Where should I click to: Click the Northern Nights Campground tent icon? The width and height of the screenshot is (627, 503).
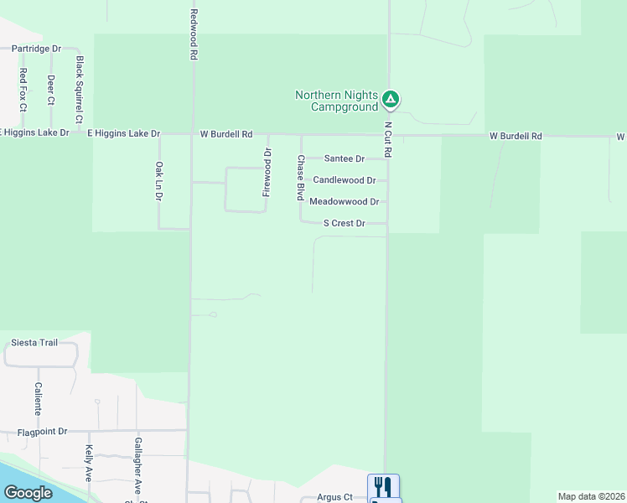(x=390, y=100)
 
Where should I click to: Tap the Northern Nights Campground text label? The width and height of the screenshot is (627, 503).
(x=337, y=101)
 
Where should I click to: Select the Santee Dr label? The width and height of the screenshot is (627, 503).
(x=345, y=158)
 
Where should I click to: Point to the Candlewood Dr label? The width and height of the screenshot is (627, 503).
(x=344, y=180)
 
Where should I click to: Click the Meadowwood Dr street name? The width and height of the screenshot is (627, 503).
(x=344, y=202)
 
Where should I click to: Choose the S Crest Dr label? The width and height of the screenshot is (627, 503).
(x=345, y=224)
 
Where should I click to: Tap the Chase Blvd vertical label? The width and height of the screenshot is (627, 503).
(x=299, y=178)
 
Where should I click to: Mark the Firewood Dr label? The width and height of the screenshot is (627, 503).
(x=267, y=172)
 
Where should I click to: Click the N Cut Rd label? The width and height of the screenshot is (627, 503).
(x=388, y=141)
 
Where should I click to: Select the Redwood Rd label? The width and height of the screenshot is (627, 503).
(x=193, y=34)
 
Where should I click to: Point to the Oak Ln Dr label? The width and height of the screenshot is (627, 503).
(x=158, y=181)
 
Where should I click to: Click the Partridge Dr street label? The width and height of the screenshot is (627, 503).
(x=34, y=49)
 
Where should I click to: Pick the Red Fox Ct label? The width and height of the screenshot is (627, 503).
(x=23, y=90)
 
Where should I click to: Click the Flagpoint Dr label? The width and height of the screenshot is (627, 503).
(x=42, y=432)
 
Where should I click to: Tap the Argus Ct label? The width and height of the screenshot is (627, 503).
(x=334, y=497)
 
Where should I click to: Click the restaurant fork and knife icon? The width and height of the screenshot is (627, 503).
(x=383, y=486)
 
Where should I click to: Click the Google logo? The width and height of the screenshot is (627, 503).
(x=28, y=493)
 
